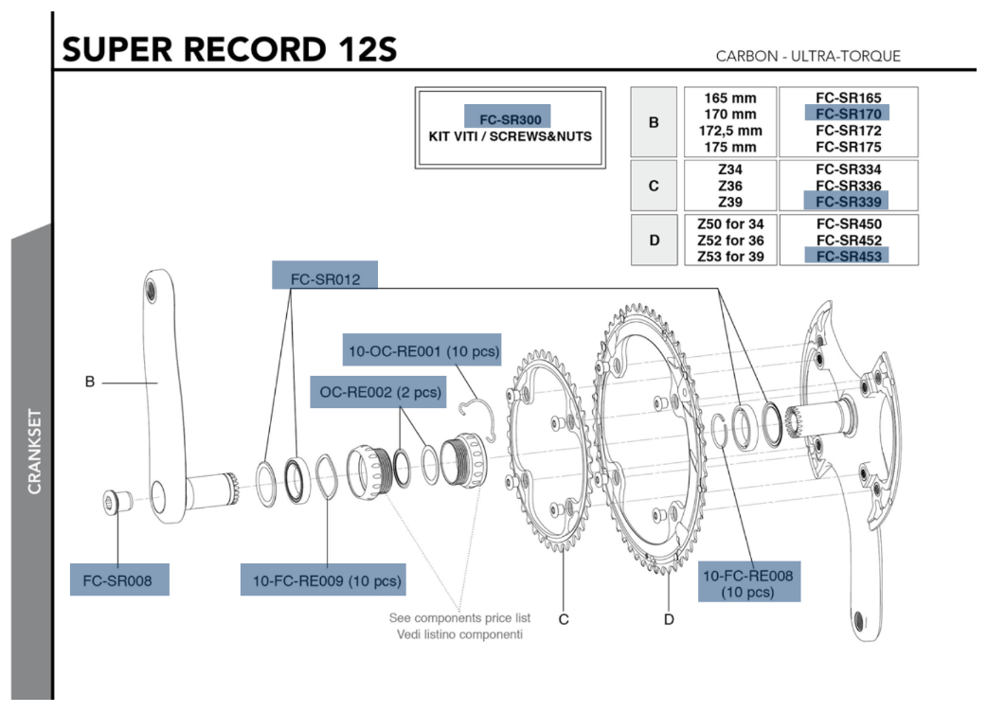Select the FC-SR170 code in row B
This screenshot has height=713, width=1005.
pos(848,113)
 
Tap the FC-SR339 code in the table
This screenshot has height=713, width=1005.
pos(848,202)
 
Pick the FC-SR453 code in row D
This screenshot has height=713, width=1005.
pos(848,256)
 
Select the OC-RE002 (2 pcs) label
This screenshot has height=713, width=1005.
pos(377,392)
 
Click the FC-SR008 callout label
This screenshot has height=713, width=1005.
pos(118,579)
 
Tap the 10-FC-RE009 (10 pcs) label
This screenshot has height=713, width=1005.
pos(327,579)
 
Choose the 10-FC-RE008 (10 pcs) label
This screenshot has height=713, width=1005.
pos(748,583)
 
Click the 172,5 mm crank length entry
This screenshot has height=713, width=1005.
pos(730,130)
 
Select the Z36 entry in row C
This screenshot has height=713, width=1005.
pos(730,185)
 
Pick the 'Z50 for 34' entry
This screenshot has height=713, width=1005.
pos(730,223)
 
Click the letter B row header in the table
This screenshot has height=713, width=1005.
pos(654,122)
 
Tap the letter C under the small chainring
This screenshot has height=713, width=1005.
pos(564,619)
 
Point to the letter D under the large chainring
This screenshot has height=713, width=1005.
pos(669,619)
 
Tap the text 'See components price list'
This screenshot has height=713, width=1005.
pos(459,617)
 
